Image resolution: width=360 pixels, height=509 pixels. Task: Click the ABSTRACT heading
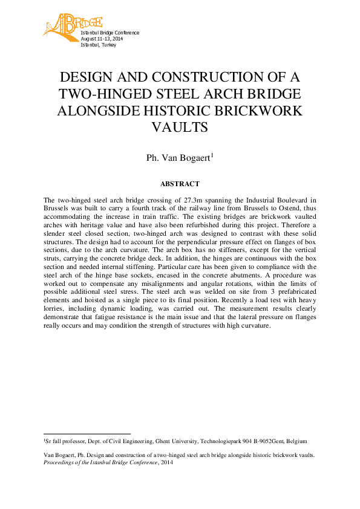pos(180,183)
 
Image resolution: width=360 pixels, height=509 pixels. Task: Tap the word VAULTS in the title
pos(180,128)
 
